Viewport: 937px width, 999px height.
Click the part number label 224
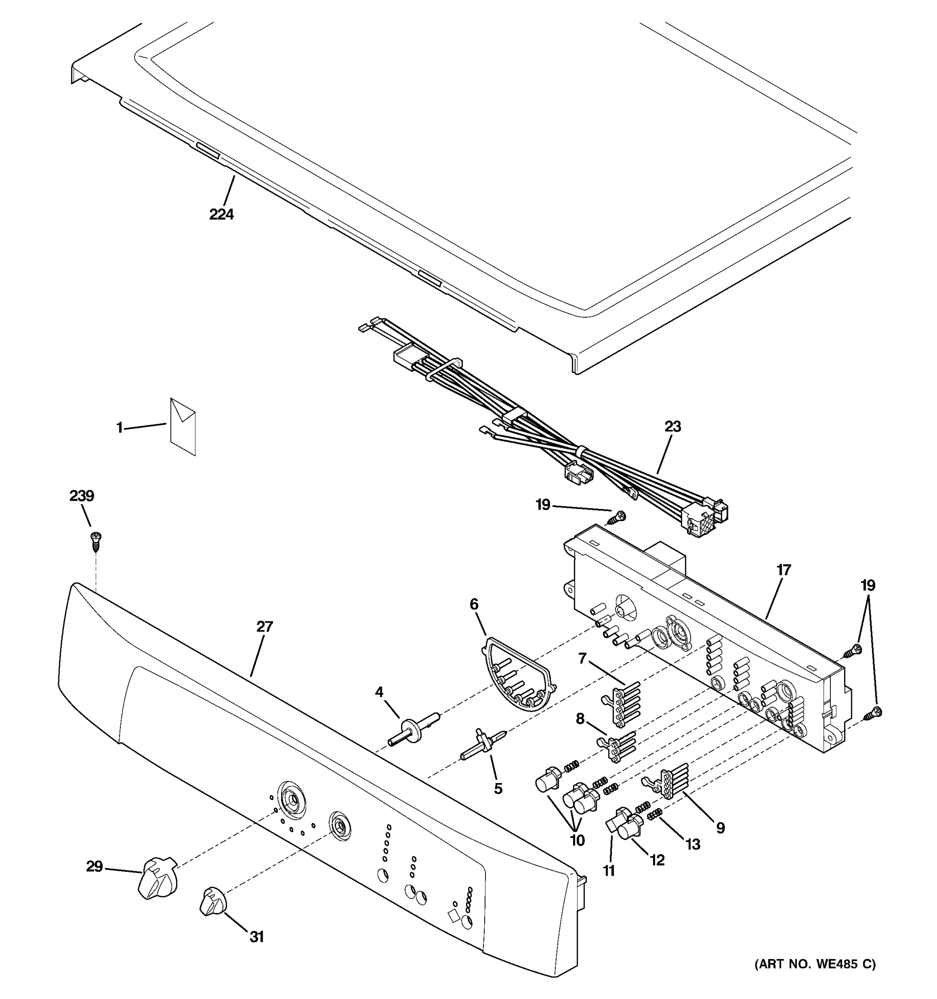[222, 214]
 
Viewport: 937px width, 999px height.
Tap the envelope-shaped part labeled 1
[183, 427]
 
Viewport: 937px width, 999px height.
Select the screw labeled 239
[95, 541]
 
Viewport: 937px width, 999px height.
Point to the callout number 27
[264, 626]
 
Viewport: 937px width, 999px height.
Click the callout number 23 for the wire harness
[673, 427]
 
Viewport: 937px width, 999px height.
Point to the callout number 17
[784, 570]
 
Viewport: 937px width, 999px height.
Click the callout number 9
[720, 828]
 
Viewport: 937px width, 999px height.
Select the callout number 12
[657, 860]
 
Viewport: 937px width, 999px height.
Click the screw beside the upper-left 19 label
[617, 517]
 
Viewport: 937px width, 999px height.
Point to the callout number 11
[609, 870]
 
